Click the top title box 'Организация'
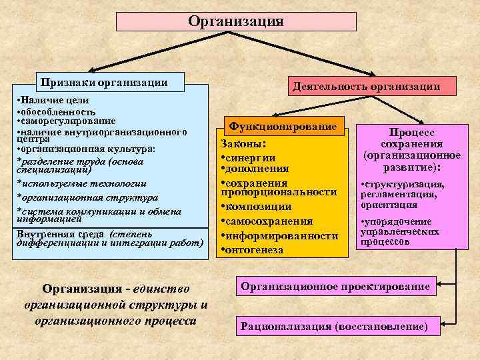[x=235, y=21]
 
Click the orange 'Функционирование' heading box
[x=283, y=127]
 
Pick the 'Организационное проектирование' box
[x=335, y=287]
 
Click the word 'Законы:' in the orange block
[x=243, y=143]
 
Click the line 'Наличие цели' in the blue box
[x=56, y=100]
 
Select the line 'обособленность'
[x=56, y=111]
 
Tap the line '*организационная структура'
[x=87, y=198]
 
